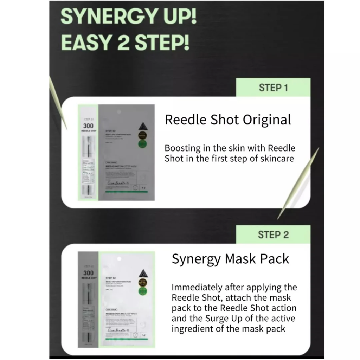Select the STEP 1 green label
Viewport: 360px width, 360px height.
(273, 88)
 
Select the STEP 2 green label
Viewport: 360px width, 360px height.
(273, 234)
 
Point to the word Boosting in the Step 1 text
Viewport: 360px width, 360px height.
(183, 148)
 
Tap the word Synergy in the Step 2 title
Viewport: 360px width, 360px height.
(196, 259)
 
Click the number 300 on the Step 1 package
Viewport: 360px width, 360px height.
(88, 126)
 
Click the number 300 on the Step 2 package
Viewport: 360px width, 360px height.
(88, 272)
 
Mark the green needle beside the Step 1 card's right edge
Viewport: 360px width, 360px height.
(299, 183)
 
